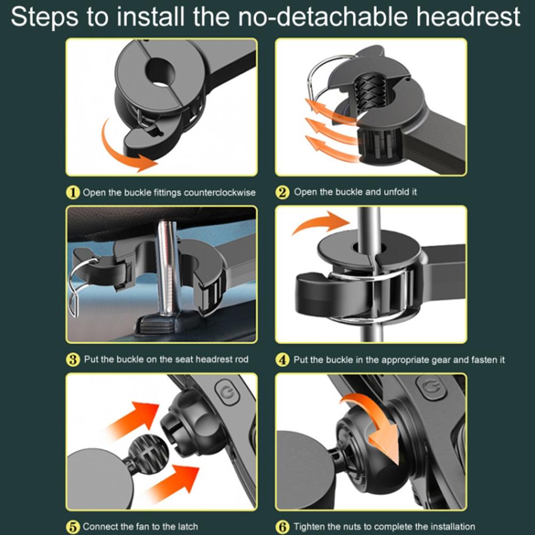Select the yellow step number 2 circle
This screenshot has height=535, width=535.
coord(283,192)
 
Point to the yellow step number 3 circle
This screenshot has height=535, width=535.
coord(73,360)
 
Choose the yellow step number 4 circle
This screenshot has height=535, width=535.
coord(283,360)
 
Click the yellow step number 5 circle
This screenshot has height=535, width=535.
coord(73,527)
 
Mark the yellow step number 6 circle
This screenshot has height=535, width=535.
coord(283,527)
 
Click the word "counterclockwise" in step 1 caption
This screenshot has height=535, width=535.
coord(220,192)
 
